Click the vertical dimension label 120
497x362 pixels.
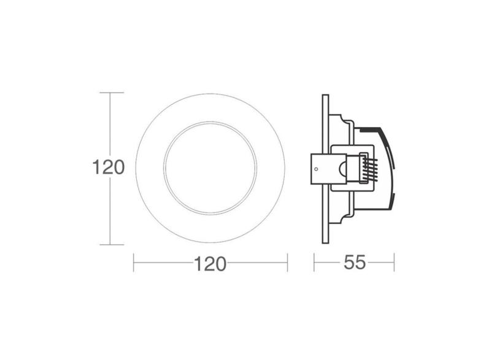[x=109, y=167]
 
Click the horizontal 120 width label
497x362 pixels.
[x=210, y=264]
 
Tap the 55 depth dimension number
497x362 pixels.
[x=355, y=263]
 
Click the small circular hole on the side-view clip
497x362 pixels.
[x=316, y=167]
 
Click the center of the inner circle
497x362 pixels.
[x=210, y=168]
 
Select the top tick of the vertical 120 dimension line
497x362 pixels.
[x=110, y=93]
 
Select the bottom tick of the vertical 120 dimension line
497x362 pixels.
[x=110, y=244]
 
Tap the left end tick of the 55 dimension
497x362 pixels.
[x=314, y=263]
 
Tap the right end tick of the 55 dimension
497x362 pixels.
[x=394, y=263]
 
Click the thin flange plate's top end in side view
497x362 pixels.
[x=325, y=96]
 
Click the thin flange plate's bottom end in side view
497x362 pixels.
[x=325, y=241]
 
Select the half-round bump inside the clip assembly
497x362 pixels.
[x=341, y=169]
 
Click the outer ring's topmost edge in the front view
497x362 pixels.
[x=210, y=94]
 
